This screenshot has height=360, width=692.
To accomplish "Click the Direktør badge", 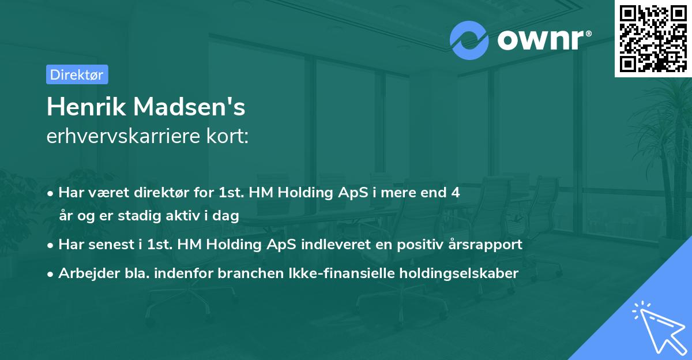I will pos(77,74).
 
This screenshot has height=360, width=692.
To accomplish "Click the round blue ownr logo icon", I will pos(469,39).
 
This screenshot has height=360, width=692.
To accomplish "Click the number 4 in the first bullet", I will pos(456,193).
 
